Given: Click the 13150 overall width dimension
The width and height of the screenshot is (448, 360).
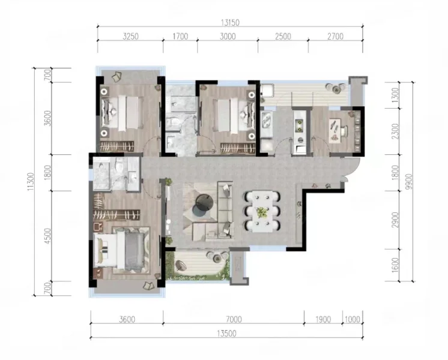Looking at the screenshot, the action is pos(230,22).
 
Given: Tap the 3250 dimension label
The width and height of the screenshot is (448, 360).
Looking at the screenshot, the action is pos(130,36).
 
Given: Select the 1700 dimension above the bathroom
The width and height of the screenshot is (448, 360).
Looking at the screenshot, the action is pos(180,36).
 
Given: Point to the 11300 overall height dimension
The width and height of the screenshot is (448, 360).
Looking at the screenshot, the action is pos(31,182).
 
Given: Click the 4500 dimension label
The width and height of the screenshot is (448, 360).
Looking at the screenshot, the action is pos(47,236).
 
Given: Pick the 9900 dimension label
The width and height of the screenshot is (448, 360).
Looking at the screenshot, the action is pos(409,182).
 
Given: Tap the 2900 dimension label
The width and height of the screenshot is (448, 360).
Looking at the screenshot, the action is pos(395,220).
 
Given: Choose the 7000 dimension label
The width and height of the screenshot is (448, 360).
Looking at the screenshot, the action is pos(234,319).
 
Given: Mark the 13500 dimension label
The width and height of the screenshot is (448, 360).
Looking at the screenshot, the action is pos(226,334).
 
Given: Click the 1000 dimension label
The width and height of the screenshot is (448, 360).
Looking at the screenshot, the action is pos(353,319).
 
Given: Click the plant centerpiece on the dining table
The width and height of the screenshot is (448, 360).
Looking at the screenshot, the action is pos(261,212).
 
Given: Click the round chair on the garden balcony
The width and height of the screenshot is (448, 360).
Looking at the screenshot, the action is pos(181,266).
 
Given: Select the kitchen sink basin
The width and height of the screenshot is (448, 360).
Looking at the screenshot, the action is pos(267,120).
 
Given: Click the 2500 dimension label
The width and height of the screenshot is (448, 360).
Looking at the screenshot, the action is pos(283,36).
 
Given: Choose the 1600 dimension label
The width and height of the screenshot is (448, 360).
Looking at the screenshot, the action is pos(395,265).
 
